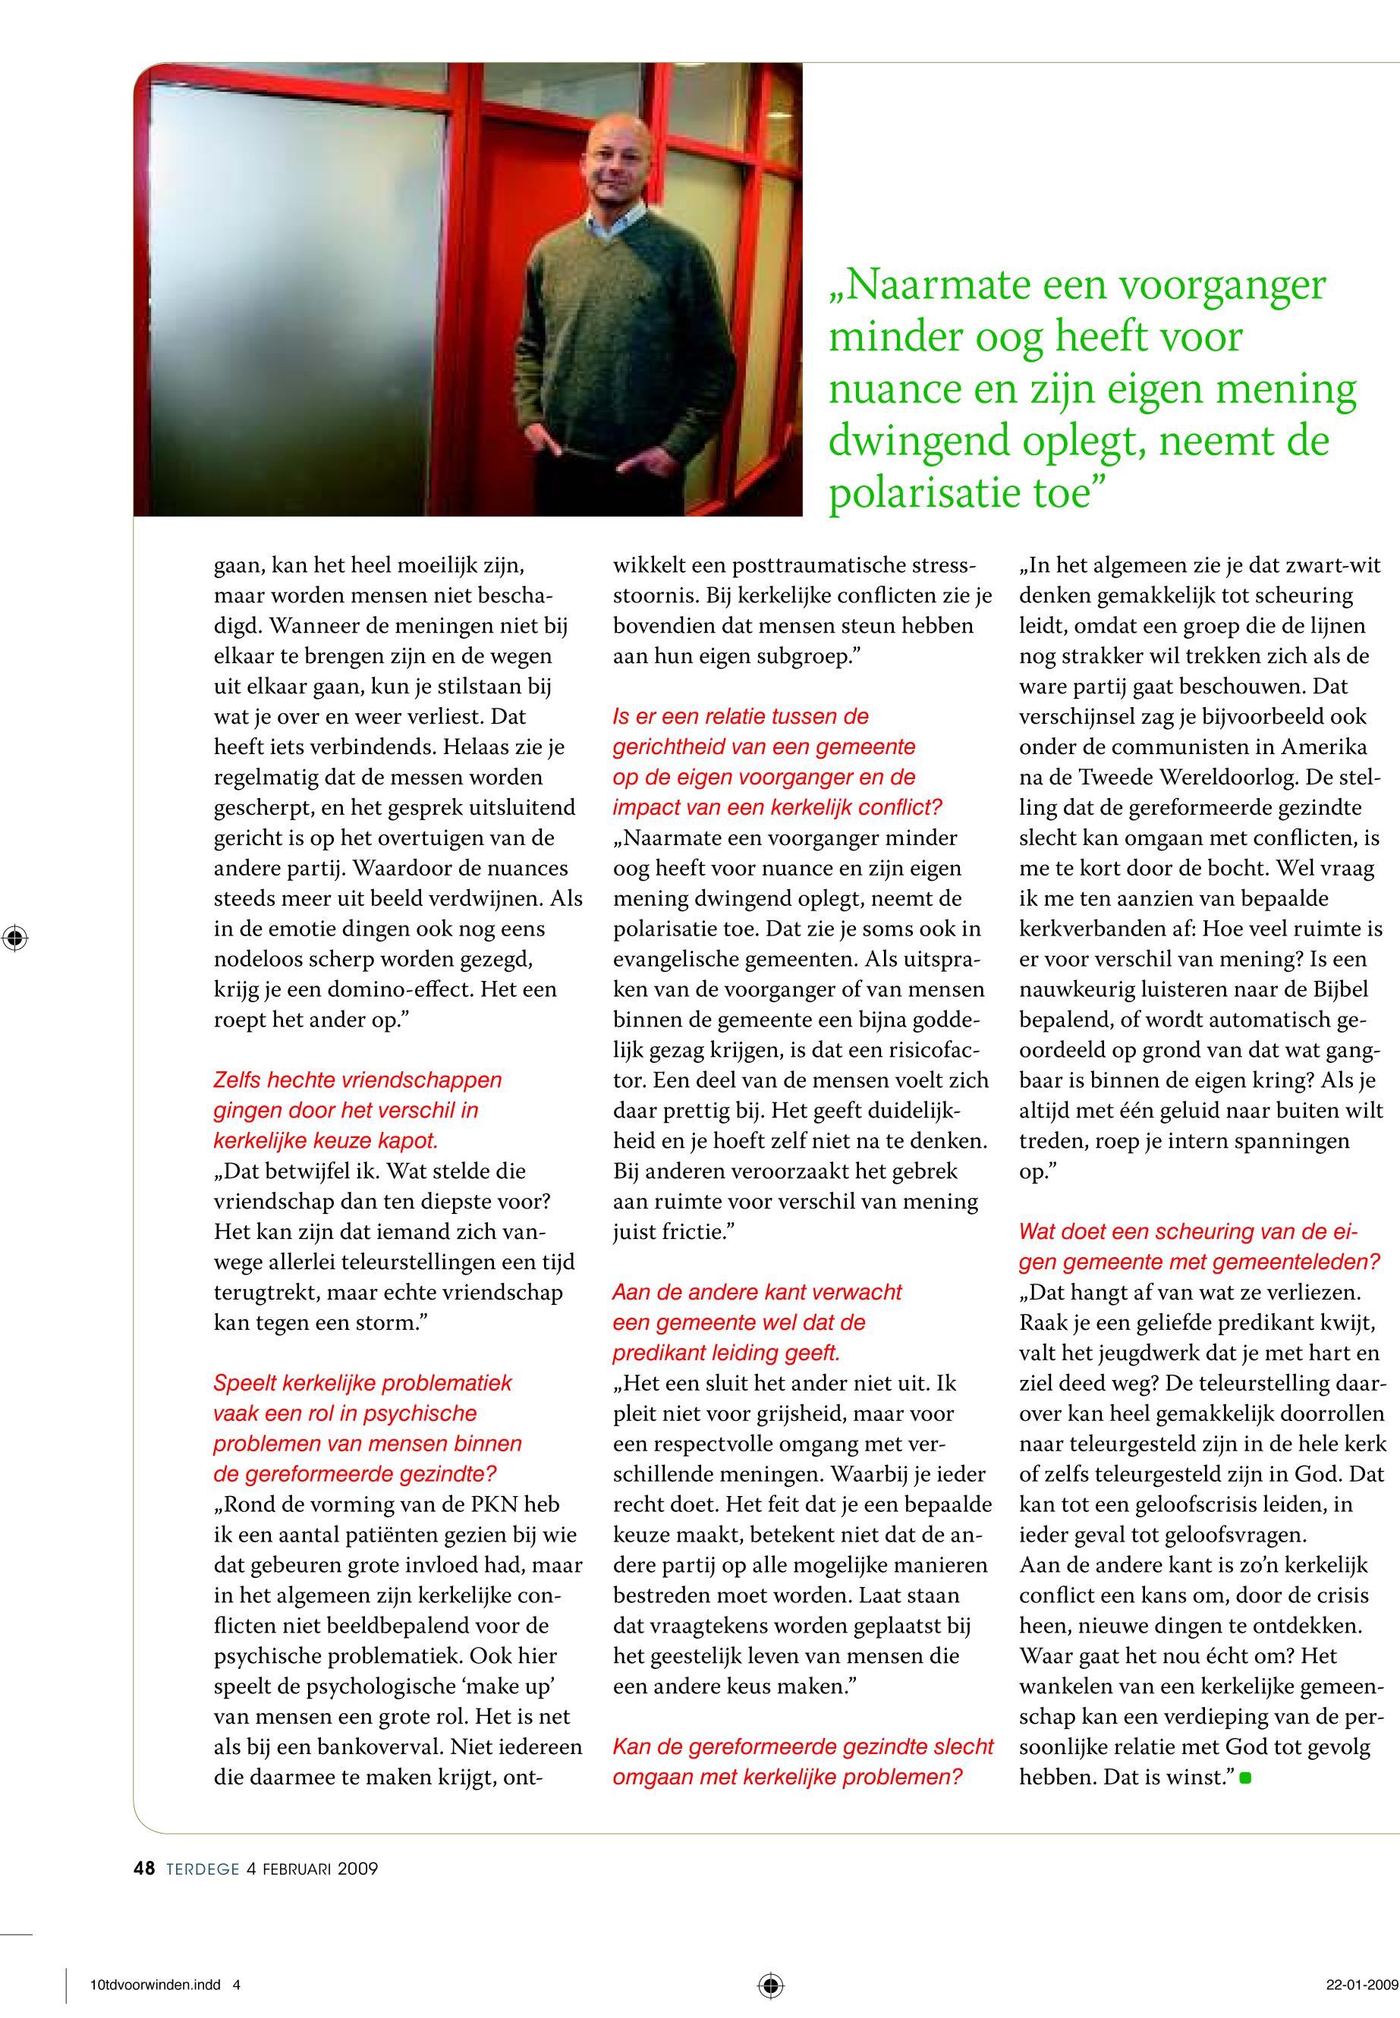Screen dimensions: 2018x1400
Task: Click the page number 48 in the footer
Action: pos(144,1868)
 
